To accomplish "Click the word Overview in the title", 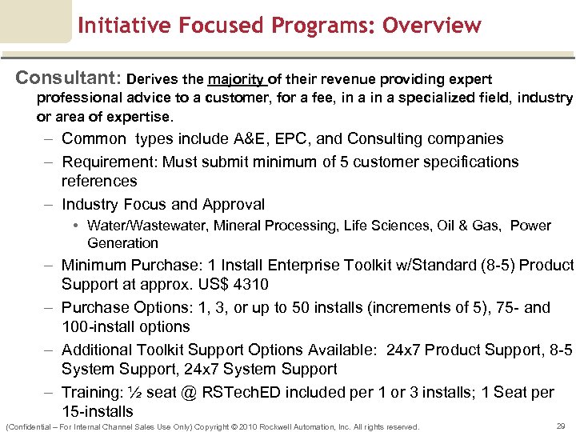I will pos(432,26).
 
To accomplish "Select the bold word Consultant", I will pos(67,78).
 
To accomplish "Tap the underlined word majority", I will pos(237,79).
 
